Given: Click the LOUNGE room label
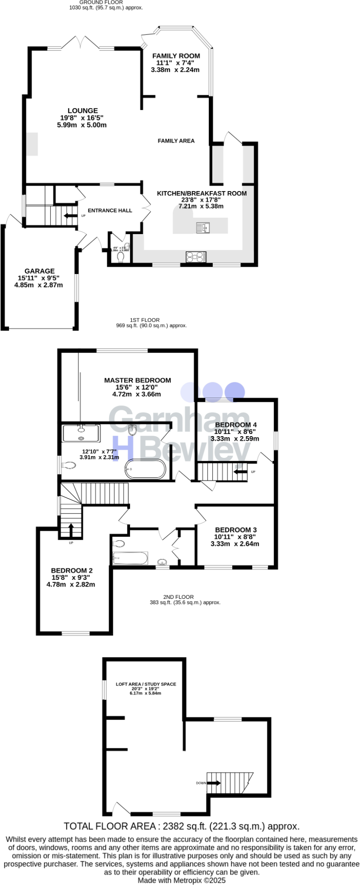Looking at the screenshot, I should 82,111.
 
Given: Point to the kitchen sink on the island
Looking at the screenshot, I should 202,227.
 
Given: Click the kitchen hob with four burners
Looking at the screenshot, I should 196,257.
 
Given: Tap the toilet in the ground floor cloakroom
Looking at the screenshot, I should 120,257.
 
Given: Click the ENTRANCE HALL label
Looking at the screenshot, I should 110,211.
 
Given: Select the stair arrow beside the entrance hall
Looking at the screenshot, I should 70,216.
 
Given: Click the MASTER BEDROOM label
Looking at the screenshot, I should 137,380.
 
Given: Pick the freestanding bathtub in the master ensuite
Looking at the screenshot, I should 145,469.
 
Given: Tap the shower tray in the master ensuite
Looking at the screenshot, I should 81,433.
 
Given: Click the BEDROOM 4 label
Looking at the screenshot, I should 235,424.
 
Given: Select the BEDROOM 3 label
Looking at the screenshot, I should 235,529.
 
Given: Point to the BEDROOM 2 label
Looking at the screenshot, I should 72,570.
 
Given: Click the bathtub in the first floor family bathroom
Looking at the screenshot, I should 130,558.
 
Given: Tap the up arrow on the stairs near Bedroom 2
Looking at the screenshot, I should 71,529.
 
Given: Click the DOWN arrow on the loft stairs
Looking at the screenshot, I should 214,783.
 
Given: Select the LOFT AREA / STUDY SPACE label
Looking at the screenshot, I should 146,684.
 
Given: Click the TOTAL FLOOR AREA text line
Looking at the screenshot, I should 181,826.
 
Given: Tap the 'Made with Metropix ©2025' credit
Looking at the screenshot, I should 181,880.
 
